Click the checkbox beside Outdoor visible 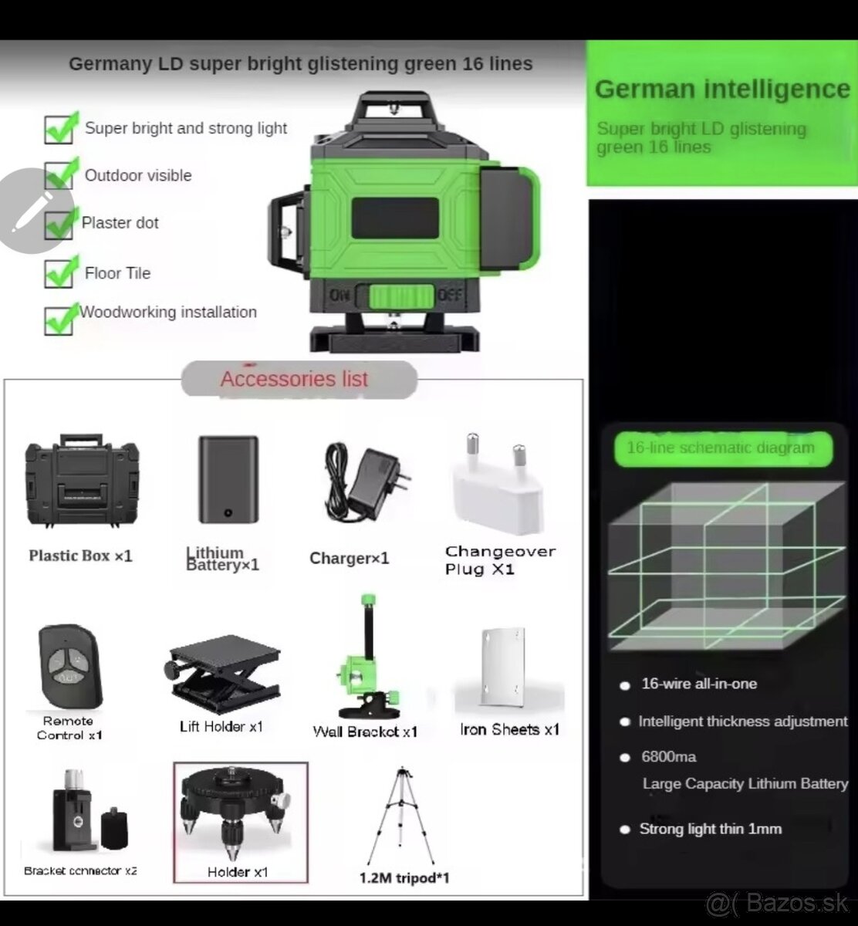coord(59,175)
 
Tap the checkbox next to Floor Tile coord(59,273)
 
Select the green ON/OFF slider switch coord(401,296)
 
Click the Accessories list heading coord(294,379)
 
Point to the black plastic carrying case coord(82,481)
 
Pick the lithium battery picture coord(228,480)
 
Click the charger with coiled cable coord(366,481)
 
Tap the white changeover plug coord(498,485)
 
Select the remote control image coord(70,667)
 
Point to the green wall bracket coord(368,657)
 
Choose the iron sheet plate coord(503,667)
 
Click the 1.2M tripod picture coord(401,815)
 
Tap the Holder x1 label coord(238,872)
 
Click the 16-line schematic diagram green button coord(723,448)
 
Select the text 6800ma coord(669,756)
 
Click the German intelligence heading coord(722,89)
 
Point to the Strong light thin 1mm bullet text coord(710,829)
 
